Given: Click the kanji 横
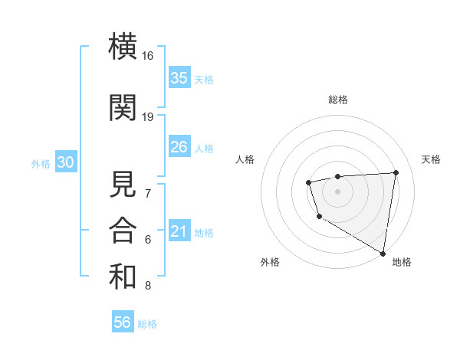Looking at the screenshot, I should (x=123, y=46).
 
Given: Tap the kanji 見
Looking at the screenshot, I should (x=123, y=184).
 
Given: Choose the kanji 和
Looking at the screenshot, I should (x=123, y=277).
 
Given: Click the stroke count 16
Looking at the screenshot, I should (x=148, y=56).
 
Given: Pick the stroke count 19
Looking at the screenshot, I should (x=148, y=117).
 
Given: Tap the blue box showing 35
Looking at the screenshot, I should (x=179, y=77).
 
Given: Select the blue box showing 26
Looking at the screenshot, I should (x=179, y=146).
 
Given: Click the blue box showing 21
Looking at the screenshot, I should (x=179, y=231).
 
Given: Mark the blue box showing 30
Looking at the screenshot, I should (x=65, y=162).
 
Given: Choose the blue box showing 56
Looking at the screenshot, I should (x=122, y=322).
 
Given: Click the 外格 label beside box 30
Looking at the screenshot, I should (x=41, y=164).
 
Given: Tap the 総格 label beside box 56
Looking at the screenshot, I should (x=147, y=324).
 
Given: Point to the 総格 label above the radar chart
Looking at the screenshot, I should (x=337, y=100).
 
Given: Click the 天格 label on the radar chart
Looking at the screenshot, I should (x=432, y=159).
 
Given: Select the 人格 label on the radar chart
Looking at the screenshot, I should (x=245, y=159).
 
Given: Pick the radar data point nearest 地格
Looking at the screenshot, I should (x=383, y=253).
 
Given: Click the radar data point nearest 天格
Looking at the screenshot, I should (x=396, y=172).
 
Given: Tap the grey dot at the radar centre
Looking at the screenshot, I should (x=337, y=191).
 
